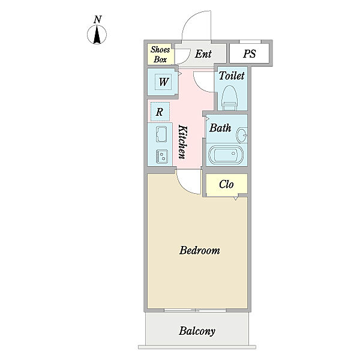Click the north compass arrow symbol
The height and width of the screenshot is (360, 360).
[97, 34]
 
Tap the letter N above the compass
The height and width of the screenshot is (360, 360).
[98, 19]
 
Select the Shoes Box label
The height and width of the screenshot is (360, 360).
[160, 55]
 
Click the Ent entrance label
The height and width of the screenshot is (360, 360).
[203, 54]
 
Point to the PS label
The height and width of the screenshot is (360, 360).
[250, 54]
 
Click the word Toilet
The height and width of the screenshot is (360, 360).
[232, 76]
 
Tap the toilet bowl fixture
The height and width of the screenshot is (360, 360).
[229, 98]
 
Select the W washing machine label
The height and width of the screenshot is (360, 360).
[164, 82]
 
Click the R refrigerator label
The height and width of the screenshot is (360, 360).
[160, 112]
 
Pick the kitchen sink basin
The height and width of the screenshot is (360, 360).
[161, 134]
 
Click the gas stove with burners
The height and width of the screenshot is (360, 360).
[161, 157]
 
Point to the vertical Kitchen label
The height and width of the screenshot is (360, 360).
[183, 142]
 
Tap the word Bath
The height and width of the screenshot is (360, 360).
[220, 128]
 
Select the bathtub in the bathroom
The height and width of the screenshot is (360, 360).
[226, 154]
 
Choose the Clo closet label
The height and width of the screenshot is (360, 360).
[226, 184]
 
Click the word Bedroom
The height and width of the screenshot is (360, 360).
[200, 250]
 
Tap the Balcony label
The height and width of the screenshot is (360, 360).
[197, 331]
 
